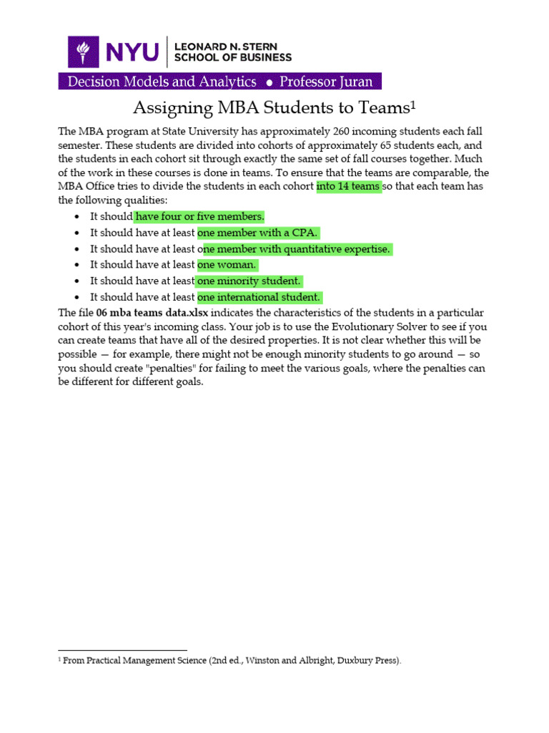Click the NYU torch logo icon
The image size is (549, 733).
84,52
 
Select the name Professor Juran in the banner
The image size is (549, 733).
325,82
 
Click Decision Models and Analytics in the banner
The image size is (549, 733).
162,82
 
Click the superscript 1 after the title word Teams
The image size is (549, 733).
412,105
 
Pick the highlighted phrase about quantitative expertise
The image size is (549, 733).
296,249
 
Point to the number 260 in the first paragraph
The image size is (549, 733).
345,132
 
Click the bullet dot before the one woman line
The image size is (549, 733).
77,266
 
